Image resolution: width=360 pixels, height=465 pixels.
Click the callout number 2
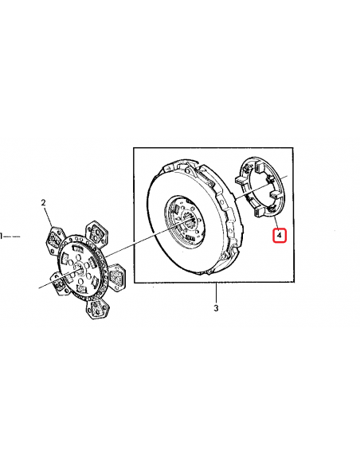(44, 203)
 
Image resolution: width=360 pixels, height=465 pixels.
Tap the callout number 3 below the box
(216, 308)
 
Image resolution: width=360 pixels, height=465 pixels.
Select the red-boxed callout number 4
(280, 236)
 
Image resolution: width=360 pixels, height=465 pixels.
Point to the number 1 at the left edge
(1, 236)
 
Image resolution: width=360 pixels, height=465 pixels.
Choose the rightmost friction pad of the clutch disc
(117, 277)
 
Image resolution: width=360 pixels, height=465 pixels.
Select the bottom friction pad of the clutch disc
(96, 308)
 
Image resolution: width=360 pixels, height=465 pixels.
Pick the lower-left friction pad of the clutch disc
(60, 284)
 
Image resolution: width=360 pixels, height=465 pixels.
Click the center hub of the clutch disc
(79, 270)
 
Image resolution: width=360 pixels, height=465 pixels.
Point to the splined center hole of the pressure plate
(189, 220)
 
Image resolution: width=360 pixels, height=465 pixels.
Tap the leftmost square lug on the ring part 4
(241, 181)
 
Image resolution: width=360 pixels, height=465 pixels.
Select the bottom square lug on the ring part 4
(260, 212)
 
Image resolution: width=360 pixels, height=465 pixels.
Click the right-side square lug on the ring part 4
(276, 194)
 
